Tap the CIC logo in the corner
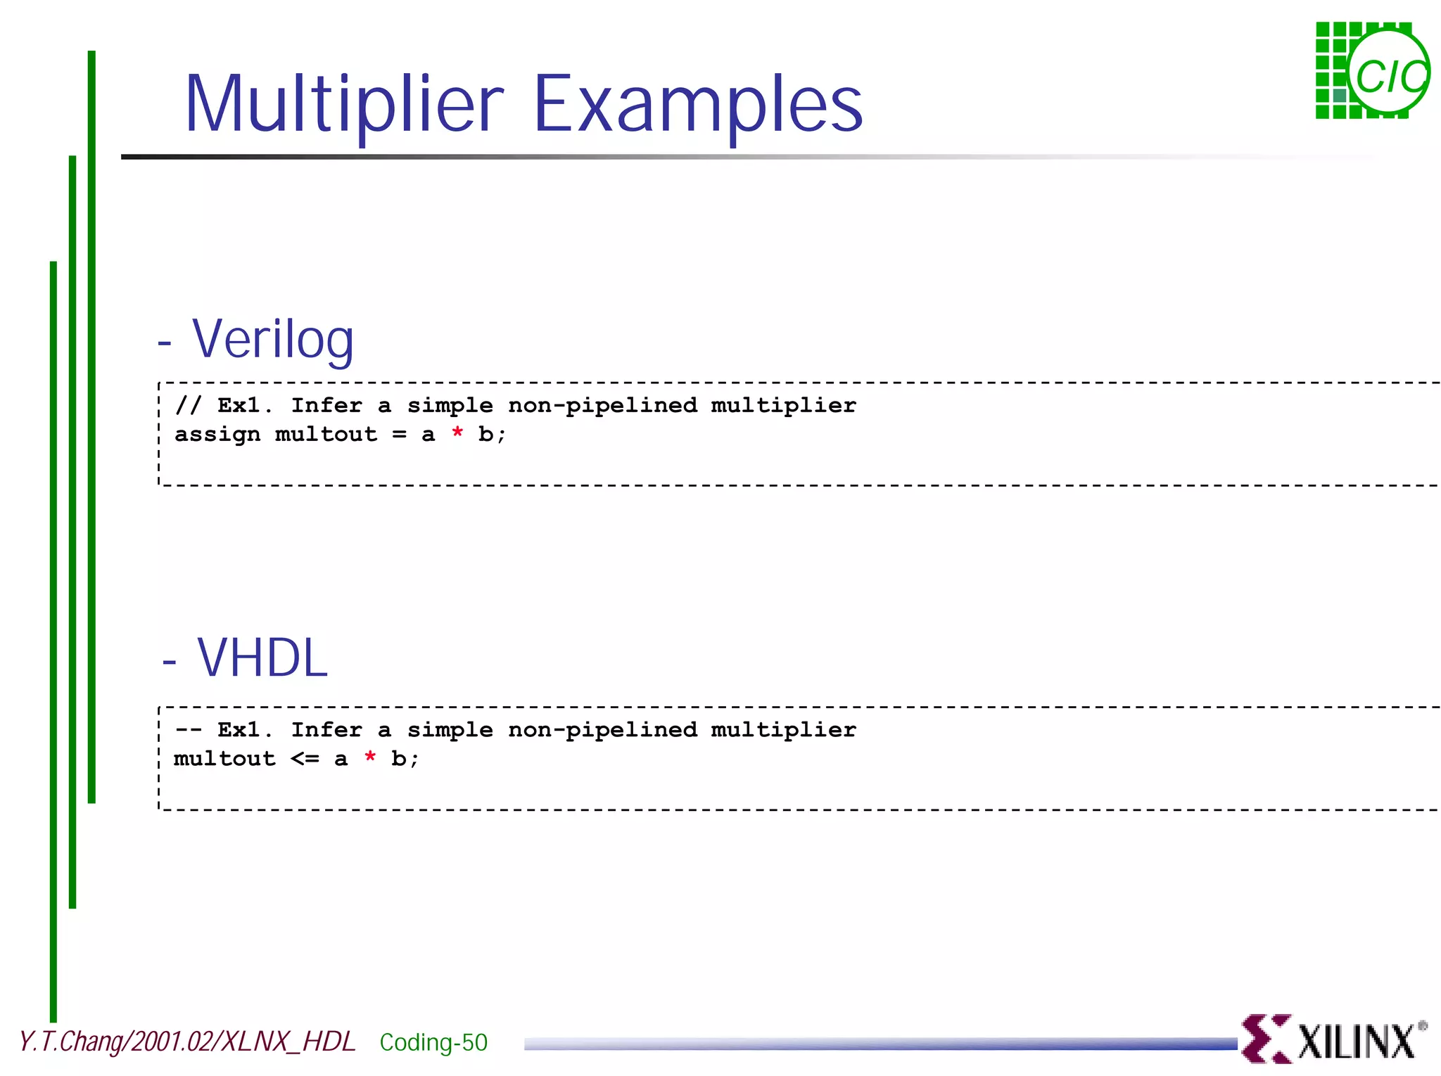pyautogui.click(x=1371, y=71)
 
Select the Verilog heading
pyautogui.click(x=272, y=340)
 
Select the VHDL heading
pyautogui.click(x=262, y=658)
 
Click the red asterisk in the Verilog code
pyautogui.click(x=457, y=434)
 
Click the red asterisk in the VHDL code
pyautogui.click(x=370, y=758)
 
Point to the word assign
pyautogui.click(x=217, y=435)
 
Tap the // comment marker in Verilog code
pyautogui.click(x=188, y=405)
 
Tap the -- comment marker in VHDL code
pyautogui.click(x=188, y=730)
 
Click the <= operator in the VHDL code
pyautogui.click(x=305, y=759)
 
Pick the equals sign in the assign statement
pyautogui.click(x=399, y=435)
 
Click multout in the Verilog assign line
pyautogui.click(x=326, y=435)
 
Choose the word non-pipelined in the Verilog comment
pyautogui.click(x=602, y=406)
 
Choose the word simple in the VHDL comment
pyautogui.click(x=450, y=730)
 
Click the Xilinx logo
pyautogui.click(x=1333, y=1039)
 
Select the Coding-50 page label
pyautogui.click(x=433, y=1042)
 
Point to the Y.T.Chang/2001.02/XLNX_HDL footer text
pyautogui.click(x=187, y=1042)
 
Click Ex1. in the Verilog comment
pyautogui.click(x=244, y=405)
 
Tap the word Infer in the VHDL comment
pyautogui.click(x=326, y=730)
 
